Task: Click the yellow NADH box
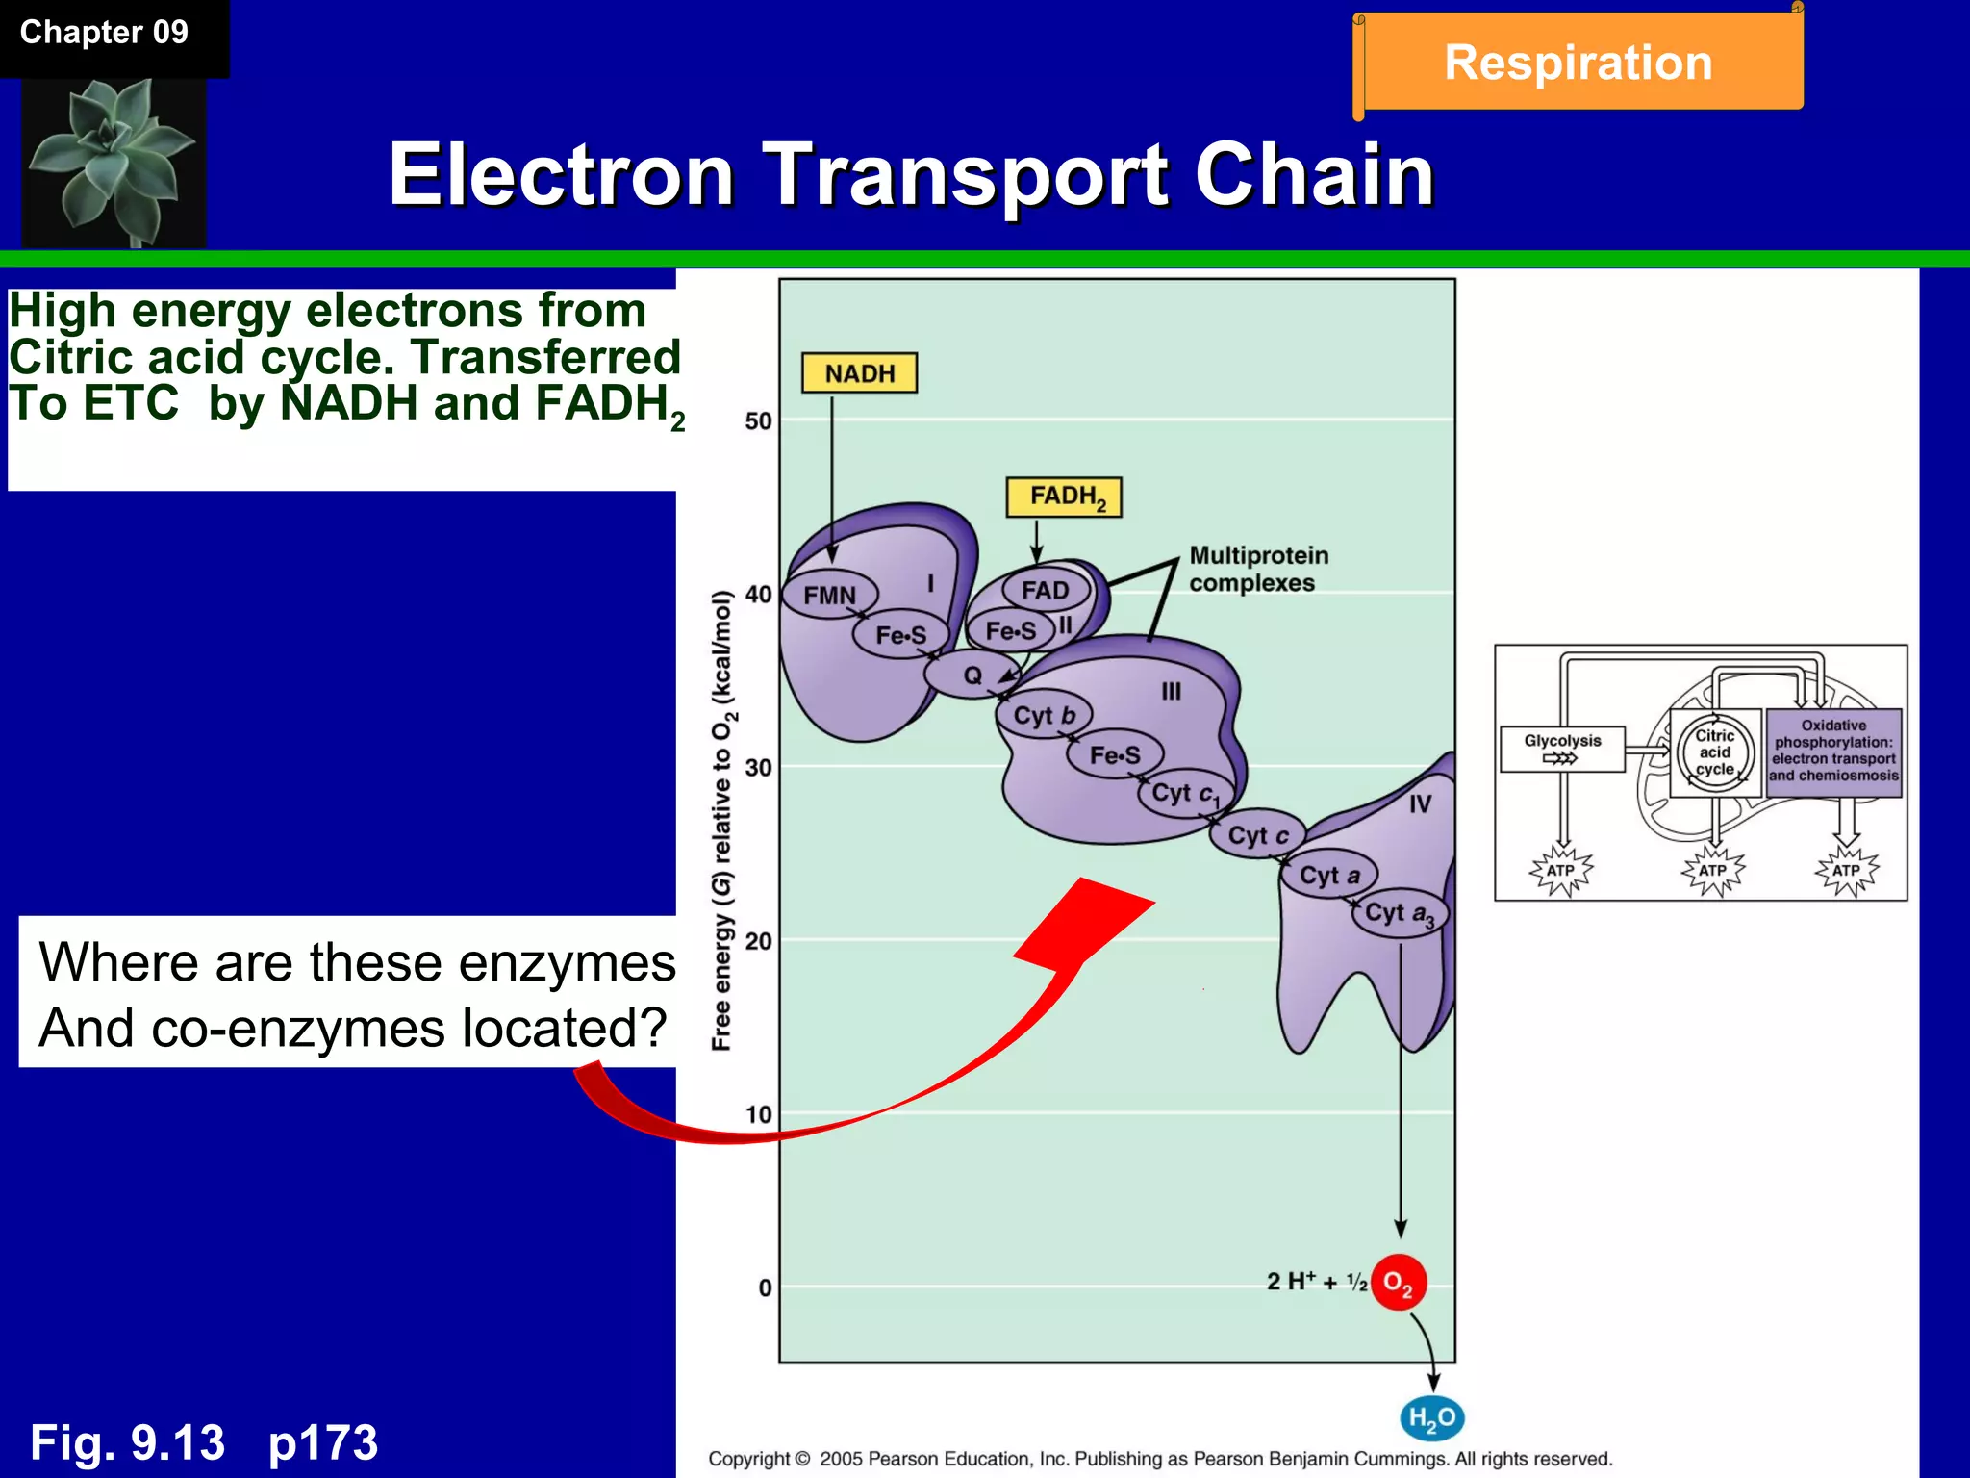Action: point(859,373)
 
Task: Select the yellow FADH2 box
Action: point(1064,497)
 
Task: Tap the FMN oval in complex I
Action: point(830,595)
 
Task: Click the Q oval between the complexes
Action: point(972,675)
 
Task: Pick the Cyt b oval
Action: point(1044,716)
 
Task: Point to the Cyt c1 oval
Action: point(1185,794)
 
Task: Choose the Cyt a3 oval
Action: point(1399,913)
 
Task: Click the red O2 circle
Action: point(1398,1283)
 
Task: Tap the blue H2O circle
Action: point(1431,1417)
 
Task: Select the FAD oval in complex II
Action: point(1046,590)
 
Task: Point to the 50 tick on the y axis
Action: point(758,421)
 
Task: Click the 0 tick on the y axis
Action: point(765,1287)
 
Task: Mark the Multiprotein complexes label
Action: point(1258,569)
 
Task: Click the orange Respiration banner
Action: point(1579,63)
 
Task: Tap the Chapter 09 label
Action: point(104,33)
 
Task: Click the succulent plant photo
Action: point(114,162)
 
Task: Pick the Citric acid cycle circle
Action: point(1714,752)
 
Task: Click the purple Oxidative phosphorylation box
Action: point(1833,752)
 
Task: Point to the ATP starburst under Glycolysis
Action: point(1560,871)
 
